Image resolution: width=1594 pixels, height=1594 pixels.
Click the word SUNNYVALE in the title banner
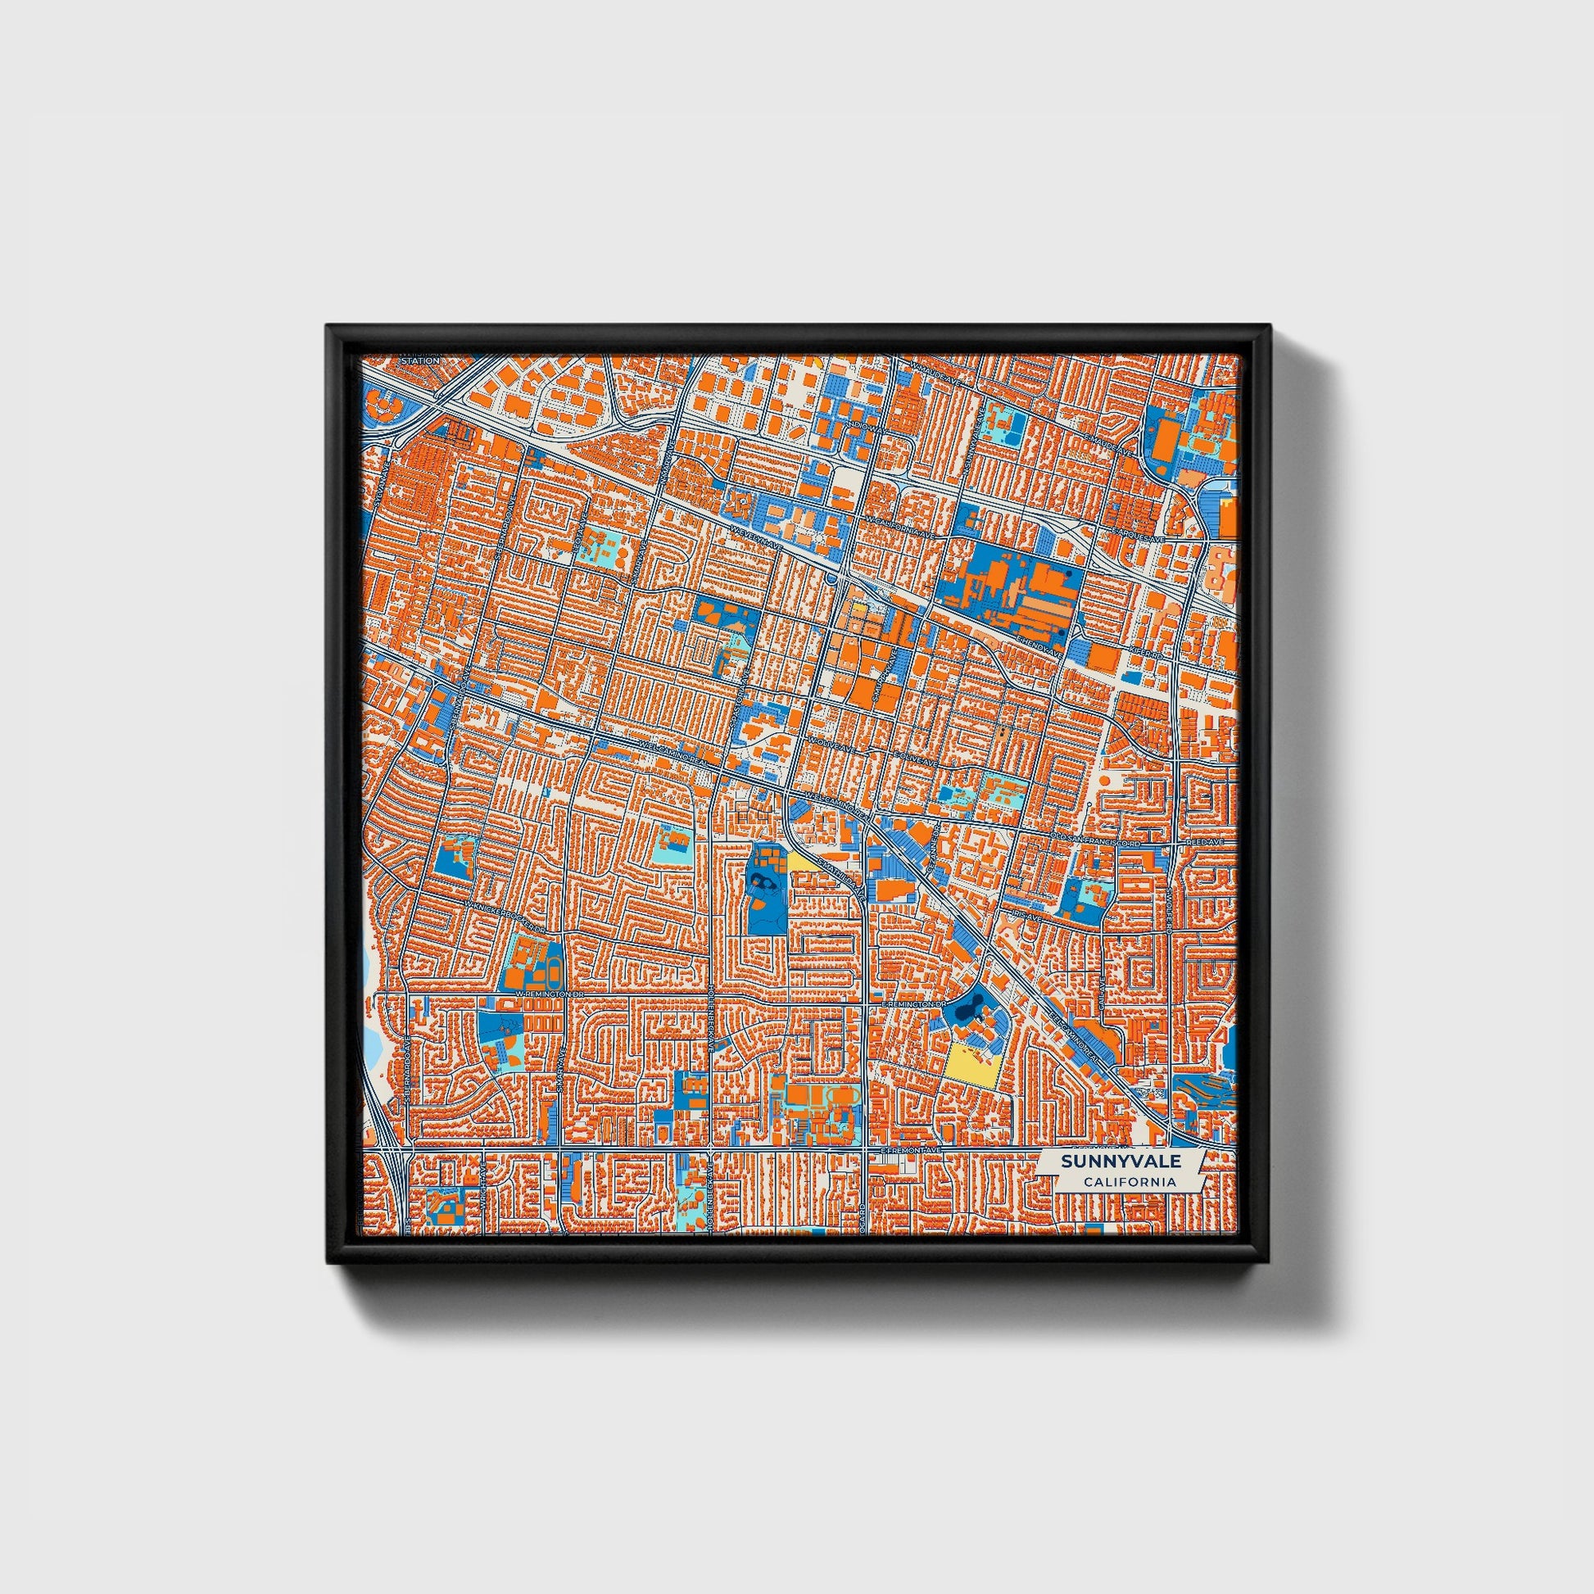[1121, 1161]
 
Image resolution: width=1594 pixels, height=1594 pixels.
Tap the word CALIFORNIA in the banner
[1130, 1182]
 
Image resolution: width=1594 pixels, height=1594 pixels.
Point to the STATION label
[421, 360]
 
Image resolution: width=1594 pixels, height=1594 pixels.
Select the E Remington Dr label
[912, 1003]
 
